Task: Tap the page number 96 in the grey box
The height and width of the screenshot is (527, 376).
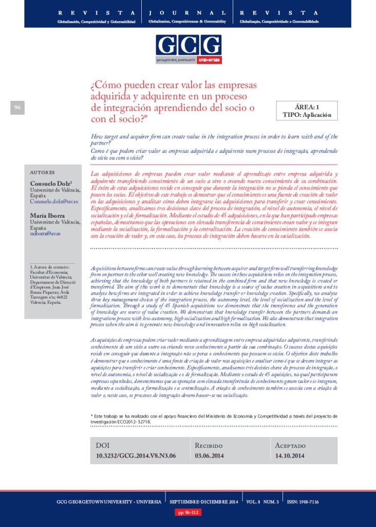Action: [17, 108]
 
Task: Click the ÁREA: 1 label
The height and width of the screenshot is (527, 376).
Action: [307, 107]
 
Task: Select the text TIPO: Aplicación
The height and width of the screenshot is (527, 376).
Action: [307, 115]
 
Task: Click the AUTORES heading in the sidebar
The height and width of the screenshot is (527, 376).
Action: [43, 172]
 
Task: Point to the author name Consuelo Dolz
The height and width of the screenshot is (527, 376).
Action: [50, 183]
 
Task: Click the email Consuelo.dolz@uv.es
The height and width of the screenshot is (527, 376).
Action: [53, 202]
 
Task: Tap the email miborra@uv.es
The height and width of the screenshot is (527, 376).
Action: [45, 233]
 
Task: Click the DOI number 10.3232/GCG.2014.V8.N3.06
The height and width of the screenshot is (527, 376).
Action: [136, 455]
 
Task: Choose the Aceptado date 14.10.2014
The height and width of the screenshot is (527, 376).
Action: [290, 455]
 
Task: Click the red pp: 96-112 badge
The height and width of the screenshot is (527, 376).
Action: [187, 512]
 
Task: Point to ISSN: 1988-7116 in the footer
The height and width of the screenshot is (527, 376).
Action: [304, 501]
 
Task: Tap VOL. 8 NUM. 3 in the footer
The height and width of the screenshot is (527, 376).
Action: [262, 501]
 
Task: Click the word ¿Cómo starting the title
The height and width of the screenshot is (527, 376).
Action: [105, 85]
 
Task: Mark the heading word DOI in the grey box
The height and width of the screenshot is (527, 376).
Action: [103, 445]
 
